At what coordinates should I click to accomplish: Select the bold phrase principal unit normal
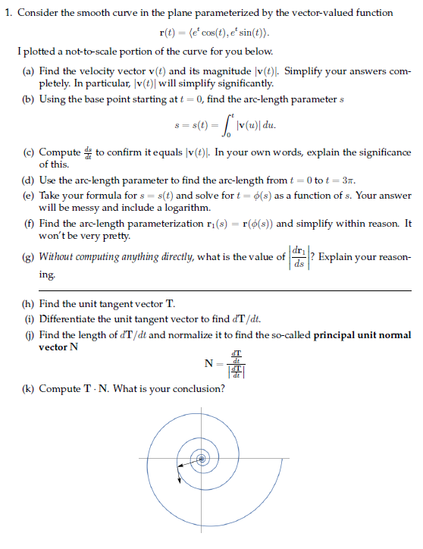tap(362, 334)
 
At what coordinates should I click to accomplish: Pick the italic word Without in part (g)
tap(59, 257)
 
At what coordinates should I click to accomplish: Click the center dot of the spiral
tap(202, 459)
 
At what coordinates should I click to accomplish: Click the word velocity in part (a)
tap(99, 70)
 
